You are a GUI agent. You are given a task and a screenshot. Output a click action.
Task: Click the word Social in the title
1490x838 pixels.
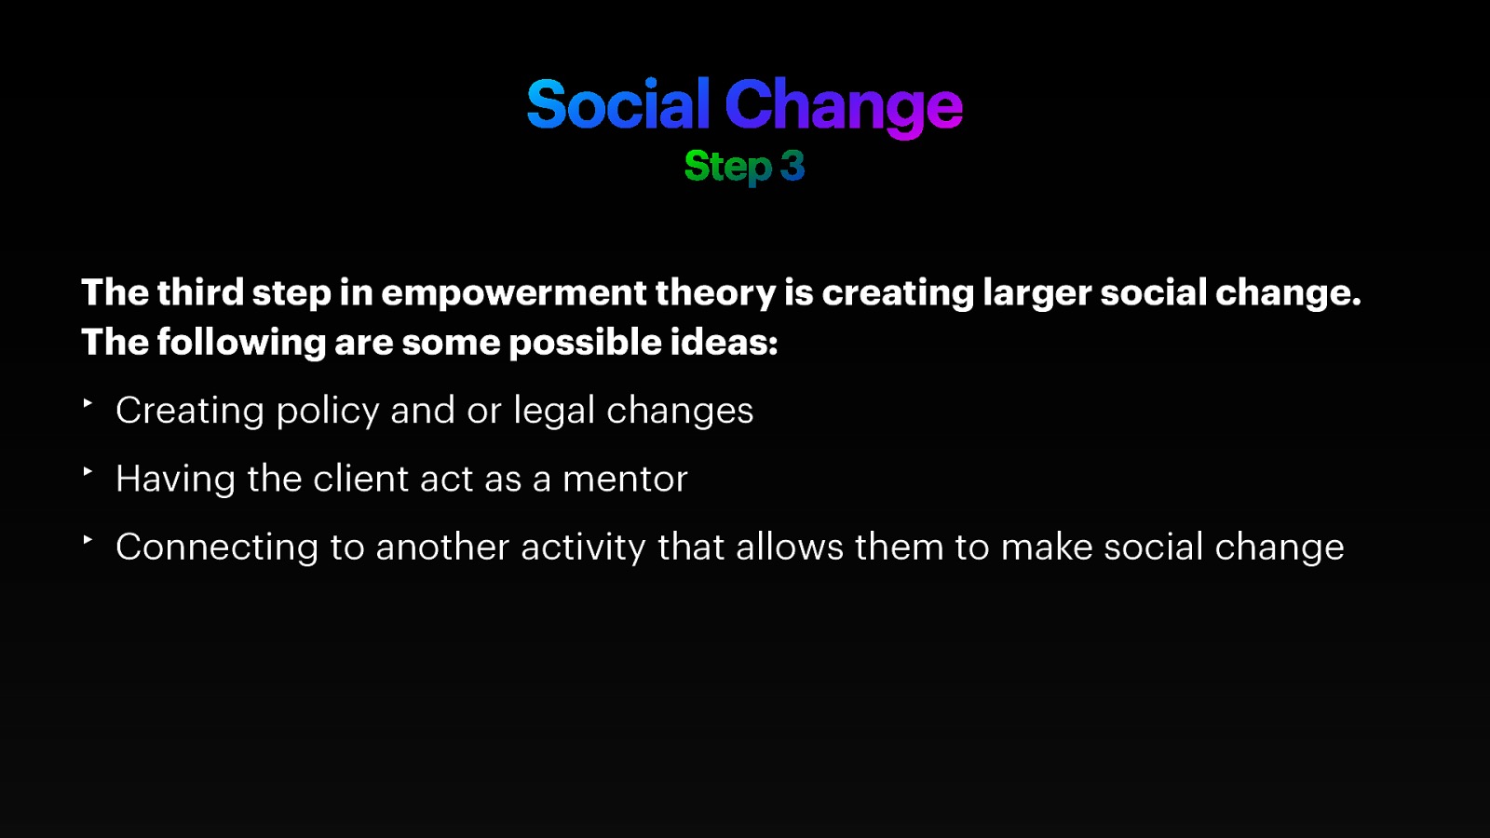[617, 104]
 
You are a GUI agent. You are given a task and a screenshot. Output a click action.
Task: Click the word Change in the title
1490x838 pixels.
[843, 106]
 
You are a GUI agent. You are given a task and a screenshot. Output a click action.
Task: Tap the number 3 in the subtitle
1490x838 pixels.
[792, 167]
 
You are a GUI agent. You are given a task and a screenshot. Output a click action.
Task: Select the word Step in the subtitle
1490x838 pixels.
[727, 168]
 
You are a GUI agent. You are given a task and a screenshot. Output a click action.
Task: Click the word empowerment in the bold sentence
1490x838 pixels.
[513, 293]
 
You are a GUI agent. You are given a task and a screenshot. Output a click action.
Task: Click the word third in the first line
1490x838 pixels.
[200, 292]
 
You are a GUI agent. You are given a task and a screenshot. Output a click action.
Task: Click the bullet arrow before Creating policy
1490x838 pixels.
[88, 403]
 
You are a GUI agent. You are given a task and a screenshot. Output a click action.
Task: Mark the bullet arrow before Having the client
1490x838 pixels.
[88, 471]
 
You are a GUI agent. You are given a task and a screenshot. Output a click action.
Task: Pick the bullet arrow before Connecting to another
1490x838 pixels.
[88, 539]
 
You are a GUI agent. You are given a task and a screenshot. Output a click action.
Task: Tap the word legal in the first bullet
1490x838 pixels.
[554, 412]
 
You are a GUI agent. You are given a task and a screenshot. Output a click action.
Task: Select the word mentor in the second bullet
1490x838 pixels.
[625, 480]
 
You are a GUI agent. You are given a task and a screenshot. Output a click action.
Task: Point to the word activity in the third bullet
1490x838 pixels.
[583, 547]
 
